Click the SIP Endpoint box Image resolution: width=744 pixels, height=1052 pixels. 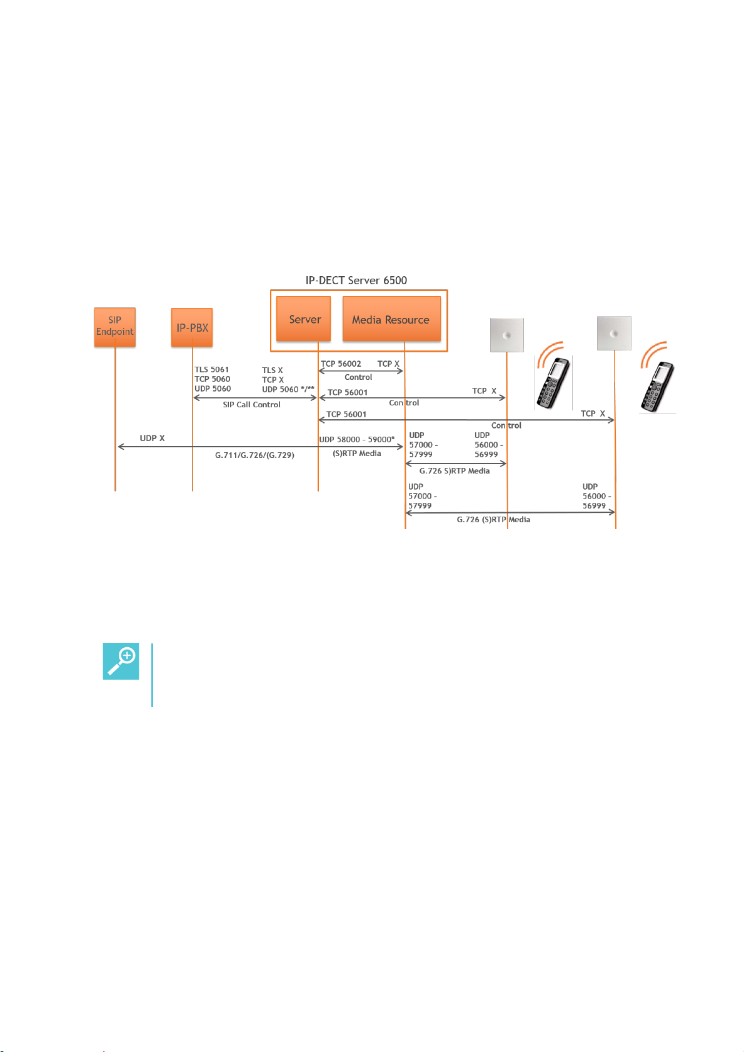115,327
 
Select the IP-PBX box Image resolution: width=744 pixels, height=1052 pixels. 192,327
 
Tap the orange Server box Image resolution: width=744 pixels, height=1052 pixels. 304,319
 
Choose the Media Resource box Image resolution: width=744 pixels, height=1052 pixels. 391,319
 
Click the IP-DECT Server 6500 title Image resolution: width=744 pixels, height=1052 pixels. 356,280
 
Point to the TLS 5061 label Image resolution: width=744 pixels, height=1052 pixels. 211,370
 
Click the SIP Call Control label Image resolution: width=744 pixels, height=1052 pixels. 251,405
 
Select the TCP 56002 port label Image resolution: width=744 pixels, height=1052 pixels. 341,364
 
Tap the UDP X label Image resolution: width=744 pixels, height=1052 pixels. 152,438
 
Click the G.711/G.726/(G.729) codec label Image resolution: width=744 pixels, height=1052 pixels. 254,455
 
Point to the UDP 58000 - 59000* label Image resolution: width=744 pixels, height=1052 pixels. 357,440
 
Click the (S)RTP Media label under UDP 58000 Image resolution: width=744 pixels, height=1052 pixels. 356,454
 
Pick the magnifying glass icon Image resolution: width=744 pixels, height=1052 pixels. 121,661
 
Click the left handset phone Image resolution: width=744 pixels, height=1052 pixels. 553,383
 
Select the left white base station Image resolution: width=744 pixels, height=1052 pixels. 506,335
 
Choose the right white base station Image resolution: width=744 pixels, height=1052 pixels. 613,333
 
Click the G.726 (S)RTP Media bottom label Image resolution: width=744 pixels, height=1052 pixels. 493,520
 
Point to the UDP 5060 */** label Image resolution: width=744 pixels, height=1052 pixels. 288,389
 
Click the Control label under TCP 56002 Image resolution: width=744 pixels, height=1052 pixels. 358,377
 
